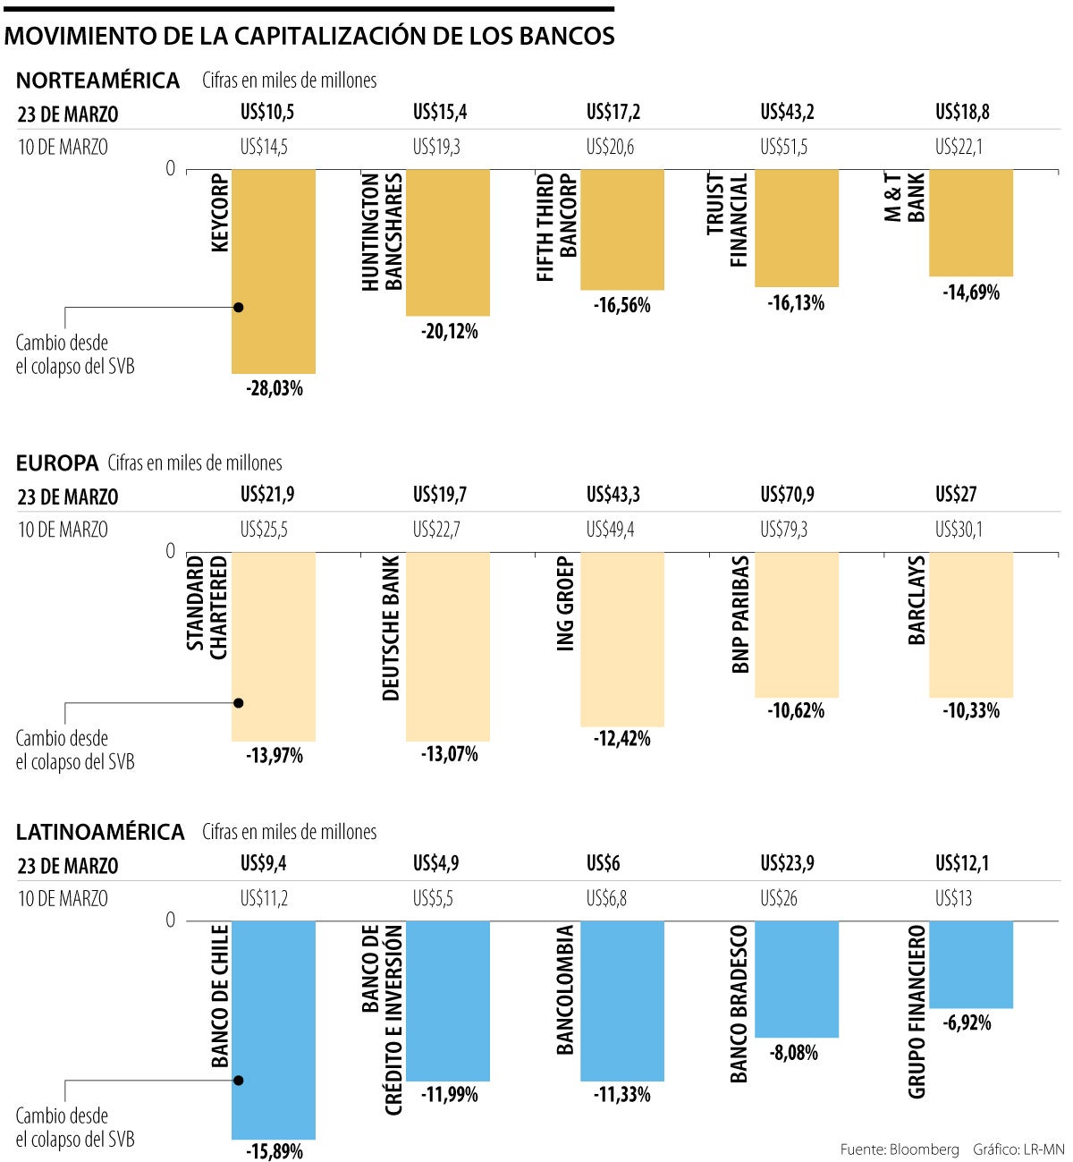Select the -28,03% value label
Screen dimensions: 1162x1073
tap(275, 389)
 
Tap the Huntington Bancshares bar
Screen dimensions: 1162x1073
tap(448, 242)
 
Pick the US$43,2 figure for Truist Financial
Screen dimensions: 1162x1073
tap(787, 113)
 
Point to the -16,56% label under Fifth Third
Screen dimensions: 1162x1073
tap(622, 306)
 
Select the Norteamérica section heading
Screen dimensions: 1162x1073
tap(98, 81)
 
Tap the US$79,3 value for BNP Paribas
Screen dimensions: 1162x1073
tap(783, 530)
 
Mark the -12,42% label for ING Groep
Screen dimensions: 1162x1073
tap(622, 739)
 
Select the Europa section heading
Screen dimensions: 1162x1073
tap(57, 463)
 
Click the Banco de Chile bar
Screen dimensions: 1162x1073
tap(274, 1029)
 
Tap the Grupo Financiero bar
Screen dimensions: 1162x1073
tap(971, 964)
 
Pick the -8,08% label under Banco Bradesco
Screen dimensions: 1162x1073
tap(794, 1053)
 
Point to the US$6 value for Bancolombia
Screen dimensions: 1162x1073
tap(603, 864)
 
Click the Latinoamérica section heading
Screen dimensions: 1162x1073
tap(100, 832)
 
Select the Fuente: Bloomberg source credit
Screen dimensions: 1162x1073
tap(900, 1149)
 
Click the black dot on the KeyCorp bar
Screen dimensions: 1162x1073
tap(239, 308)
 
